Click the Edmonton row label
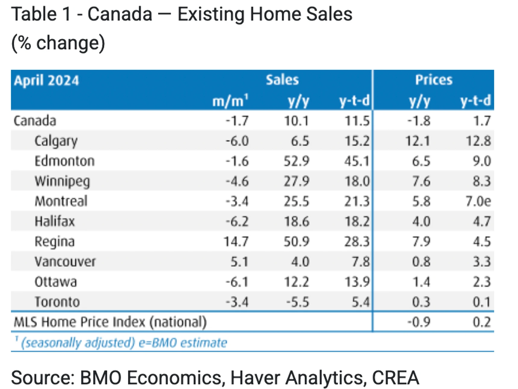(x=64, y=161)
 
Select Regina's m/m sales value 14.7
(x=236, y=242)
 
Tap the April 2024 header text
(x=46, y=80)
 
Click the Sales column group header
(x=282, y=80)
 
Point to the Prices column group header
(x=434, y=80)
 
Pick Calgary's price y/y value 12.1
(x=418, y=141)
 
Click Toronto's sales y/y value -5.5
(x=297, y=302)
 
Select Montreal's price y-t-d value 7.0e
(x=478, y=201)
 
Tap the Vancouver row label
(x=65, y=262)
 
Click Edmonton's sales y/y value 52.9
(x=297, y=161)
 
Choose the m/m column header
(x=230, y=101)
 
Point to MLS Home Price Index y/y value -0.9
(x=419, y=322)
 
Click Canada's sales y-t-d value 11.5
(x=357, y=121)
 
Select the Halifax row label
(x=54, y=222)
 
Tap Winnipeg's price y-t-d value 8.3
(x=482, y=181)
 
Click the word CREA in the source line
(x=395, y=378)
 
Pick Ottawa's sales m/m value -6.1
(x=237, y=282)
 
